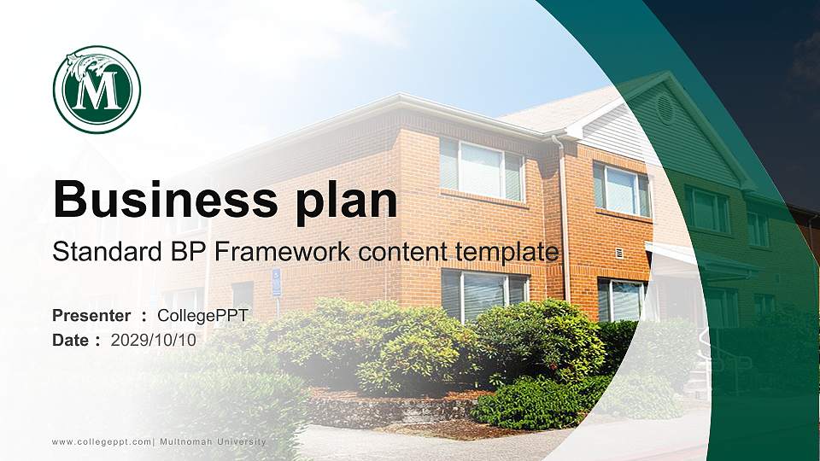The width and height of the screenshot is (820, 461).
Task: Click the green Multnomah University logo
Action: [97, 90]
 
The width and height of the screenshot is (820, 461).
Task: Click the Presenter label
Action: [91, 316]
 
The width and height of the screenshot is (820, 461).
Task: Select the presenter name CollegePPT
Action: [202, 316]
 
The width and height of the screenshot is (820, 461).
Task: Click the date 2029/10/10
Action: [154, 341]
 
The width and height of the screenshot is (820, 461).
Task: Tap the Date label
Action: [71, 341]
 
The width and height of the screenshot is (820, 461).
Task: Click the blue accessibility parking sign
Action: [276, 282]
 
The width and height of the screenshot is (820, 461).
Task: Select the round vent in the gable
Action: [665, 109]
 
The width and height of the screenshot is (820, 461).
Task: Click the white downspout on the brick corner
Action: [564, 222]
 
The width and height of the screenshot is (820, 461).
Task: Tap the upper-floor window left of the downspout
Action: [482, 171]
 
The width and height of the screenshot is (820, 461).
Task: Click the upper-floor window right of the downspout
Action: [622, 190]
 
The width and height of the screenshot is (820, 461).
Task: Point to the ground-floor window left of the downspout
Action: [483, 294]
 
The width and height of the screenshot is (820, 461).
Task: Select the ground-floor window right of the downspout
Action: [619, 300]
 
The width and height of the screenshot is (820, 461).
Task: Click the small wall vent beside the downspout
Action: [618, 253]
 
